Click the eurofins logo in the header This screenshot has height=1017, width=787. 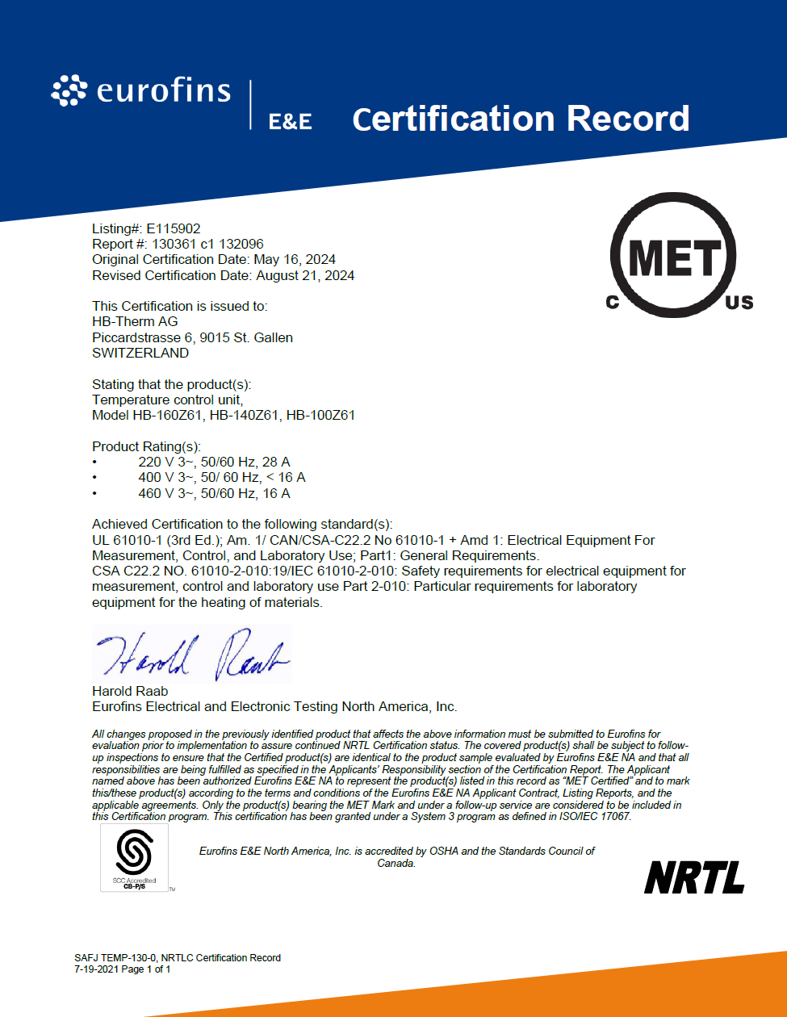[x=140, y=90]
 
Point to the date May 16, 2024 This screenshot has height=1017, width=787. [x=295, y=260]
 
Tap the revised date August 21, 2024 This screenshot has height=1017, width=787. [x=305, y=275]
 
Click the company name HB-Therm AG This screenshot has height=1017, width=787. [x=135, y=322]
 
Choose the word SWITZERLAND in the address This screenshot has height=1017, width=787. [x=140, y=353]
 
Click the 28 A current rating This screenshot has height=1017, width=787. [x=276, y=462]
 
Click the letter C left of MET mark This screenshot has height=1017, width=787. [x=611, y=303]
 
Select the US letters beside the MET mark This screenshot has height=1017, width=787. [x=739, y=303]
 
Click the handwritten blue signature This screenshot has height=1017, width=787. [x=191, y=655]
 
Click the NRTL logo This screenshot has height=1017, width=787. [x=694, y=877]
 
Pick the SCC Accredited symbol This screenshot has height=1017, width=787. [x=134, y=856]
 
